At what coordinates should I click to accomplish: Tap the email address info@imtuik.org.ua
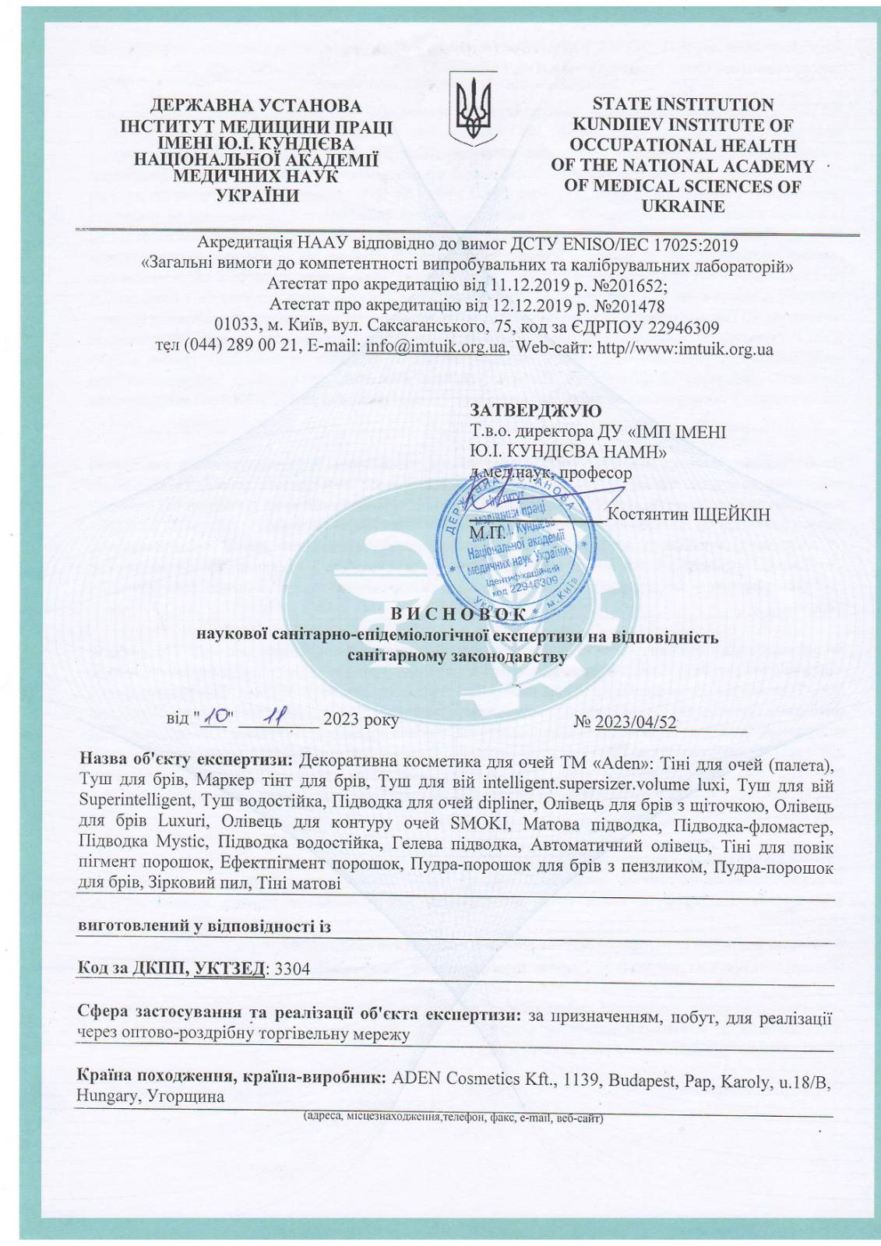tap(436, 347)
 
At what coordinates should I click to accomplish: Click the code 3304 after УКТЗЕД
tap(293, 969)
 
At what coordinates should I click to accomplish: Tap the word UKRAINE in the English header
tap(682, 206)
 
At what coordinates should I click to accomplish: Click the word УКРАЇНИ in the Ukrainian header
tap(257, 195)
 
